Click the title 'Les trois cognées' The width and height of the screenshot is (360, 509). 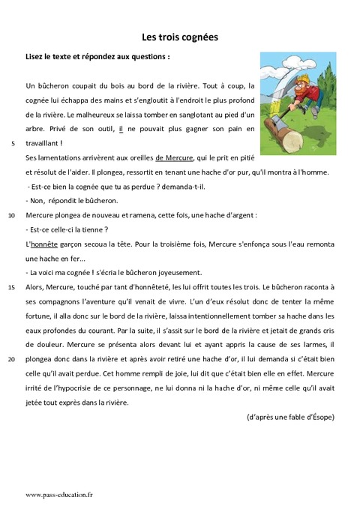point(180,35)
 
